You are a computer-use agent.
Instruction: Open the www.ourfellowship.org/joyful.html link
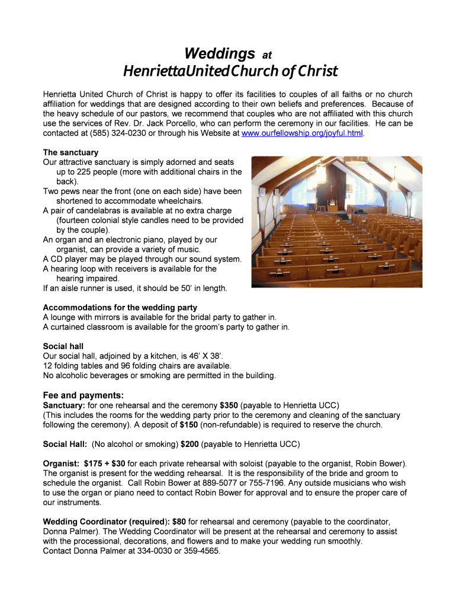(x=303, y=133)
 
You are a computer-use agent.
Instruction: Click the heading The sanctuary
(x=70, y=152)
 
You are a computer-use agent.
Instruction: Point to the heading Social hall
(x=63, y=346)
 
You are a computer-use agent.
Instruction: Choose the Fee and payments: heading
(x=83, y=395)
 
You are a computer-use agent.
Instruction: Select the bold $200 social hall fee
(x=190, y=444)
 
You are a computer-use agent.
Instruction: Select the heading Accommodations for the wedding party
(x=120, y=308)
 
